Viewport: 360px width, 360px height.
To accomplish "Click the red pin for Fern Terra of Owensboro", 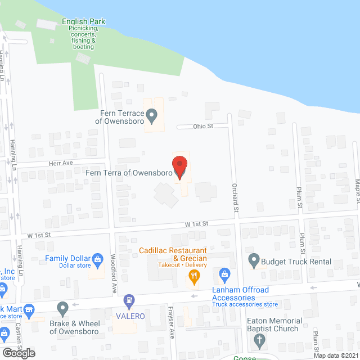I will click(x=179, y=167).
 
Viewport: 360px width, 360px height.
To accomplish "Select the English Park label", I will click(x=84, y=22).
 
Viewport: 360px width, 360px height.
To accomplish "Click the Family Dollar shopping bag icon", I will click(x=97, y=259).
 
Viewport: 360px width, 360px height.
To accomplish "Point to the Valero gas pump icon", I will click(x=129, y=301).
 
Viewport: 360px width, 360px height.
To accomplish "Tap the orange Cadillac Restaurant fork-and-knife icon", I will click(x=194, y=276).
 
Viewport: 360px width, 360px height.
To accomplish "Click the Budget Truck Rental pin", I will click(x=254, y=260).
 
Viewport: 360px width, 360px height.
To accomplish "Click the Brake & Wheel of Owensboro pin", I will click(x=62, y=308).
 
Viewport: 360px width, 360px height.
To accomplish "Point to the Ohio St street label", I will click(x=203, y=126).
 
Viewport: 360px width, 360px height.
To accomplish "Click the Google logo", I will click(x=19, y=353).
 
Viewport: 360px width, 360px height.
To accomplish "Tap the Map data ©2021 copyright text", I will click(x=335, y=355).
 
